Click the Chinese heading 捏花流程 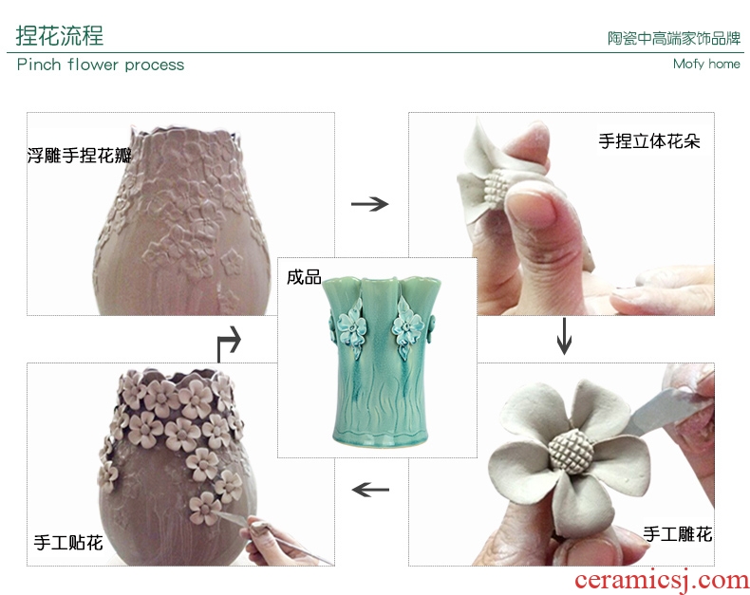pyautogui.click(x=59, y=36)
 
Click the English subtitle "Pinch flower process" pyautogui.click(x=101, y=65)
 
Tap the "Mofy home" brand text pyautogui.click(x=706, y=64)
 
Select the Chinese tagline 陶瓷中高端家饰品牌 pyautogui.click(x=674, y=38)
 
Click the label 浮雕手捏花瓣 pyautogui.click(x=80, y=156)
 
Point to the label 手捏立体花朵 pyautogui.click(x=649, y=141)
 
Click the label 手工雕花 pyautogui.click(x=678, y=533)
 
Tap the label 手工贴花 pyautogui.click(x=68, y=543)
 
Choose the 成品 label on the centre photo pyautogui.click(x=304, y=277)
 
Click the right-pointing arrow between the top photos pyautogui.click(x=369, y=204)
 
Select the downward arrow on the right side pyautogui.click(x=565, y=336)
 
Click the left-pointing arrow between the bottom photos pyautogui.click(x=370, y=490)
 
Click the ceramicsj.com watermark pyautogui.click(x=662, y=580)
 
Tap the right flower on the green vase pyautogui.click(x=408, y=328)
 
